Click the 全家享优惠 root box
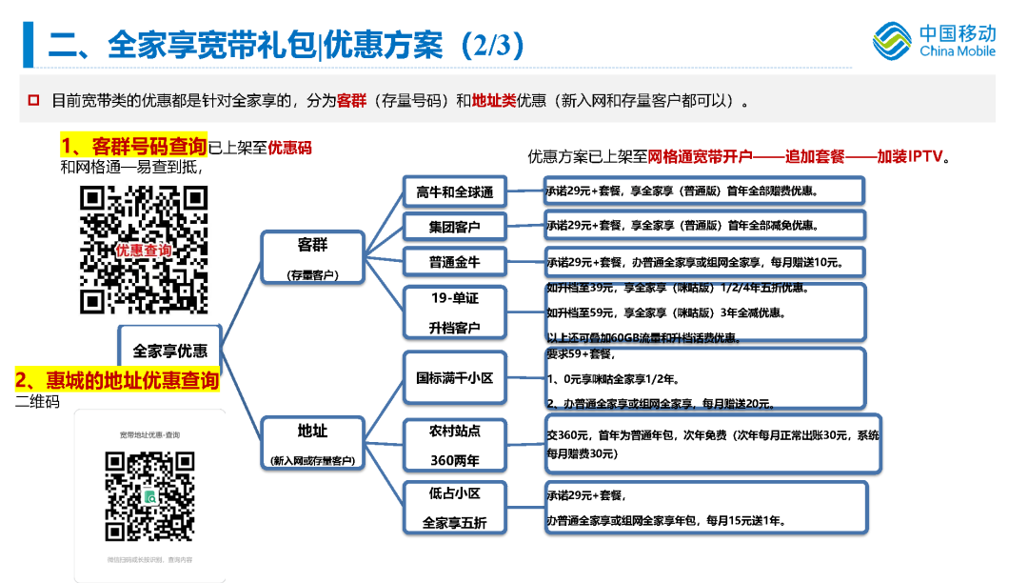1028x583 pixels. point(170,350)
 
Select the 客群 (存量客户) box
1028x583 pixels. point(312,258)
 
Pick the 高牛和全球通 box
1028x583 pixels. point(455,191)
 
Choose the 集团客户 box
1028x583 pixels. point(455,227)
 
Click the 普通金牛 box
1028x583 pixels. point(455,262)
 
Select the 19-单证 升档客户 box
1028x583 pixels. point(455,312)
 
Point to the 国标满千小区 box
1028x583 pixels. point(455,378)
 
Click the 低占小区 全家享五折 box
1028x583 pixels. point(455,508)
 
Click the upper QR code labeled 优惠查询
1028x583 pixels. point(144,250)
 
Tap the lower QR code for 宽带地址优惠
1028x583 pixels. point(149,496)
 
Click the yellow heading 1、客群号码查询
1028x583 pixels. point(133,147)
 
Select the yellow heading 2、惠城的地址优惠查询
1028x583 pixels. point(117,380)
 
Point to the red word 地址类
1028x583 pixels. point(493,100)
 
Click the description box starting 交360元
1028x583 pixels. point(713,444)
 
